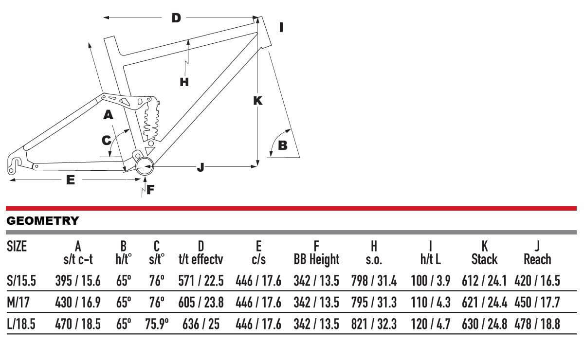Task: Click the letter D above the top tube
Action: [176, 18]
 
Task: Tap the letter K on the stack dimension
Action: [258, 101]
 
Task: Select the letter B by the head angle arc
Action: [282, 145]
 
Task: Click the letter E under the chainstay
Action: [71, 180]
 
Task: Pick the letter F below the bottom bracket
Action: [150, 189]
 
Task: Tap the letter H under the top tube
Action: [184, 82]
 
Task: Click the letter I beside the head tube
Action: [281, 27]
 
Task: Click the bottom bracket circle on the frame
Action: [145, 167]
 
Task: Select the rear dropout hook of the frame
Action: [16, 163]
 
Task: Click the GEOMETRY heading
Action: [42, 221]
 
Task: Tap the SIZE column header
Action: [17, 246]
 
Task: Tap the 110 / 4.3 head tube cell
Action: [430, 303]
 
